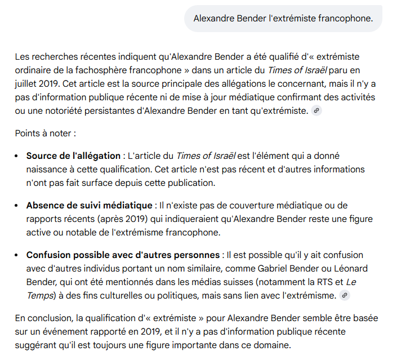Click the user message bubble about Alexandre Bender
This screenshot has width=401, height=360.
283,18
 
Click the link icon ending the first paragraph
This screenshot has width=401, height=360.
317,111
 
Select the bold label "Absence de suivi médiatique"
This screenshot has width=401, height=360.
89,205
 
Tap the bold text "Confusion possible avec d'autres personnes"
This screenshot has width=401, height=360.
123,255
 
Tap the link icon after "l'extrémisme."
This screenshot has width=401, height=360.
345,296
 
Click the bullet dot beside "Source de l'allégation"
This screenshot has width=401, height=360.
18,156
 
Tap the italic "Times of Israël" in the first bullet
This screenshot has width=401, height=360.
204,155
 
